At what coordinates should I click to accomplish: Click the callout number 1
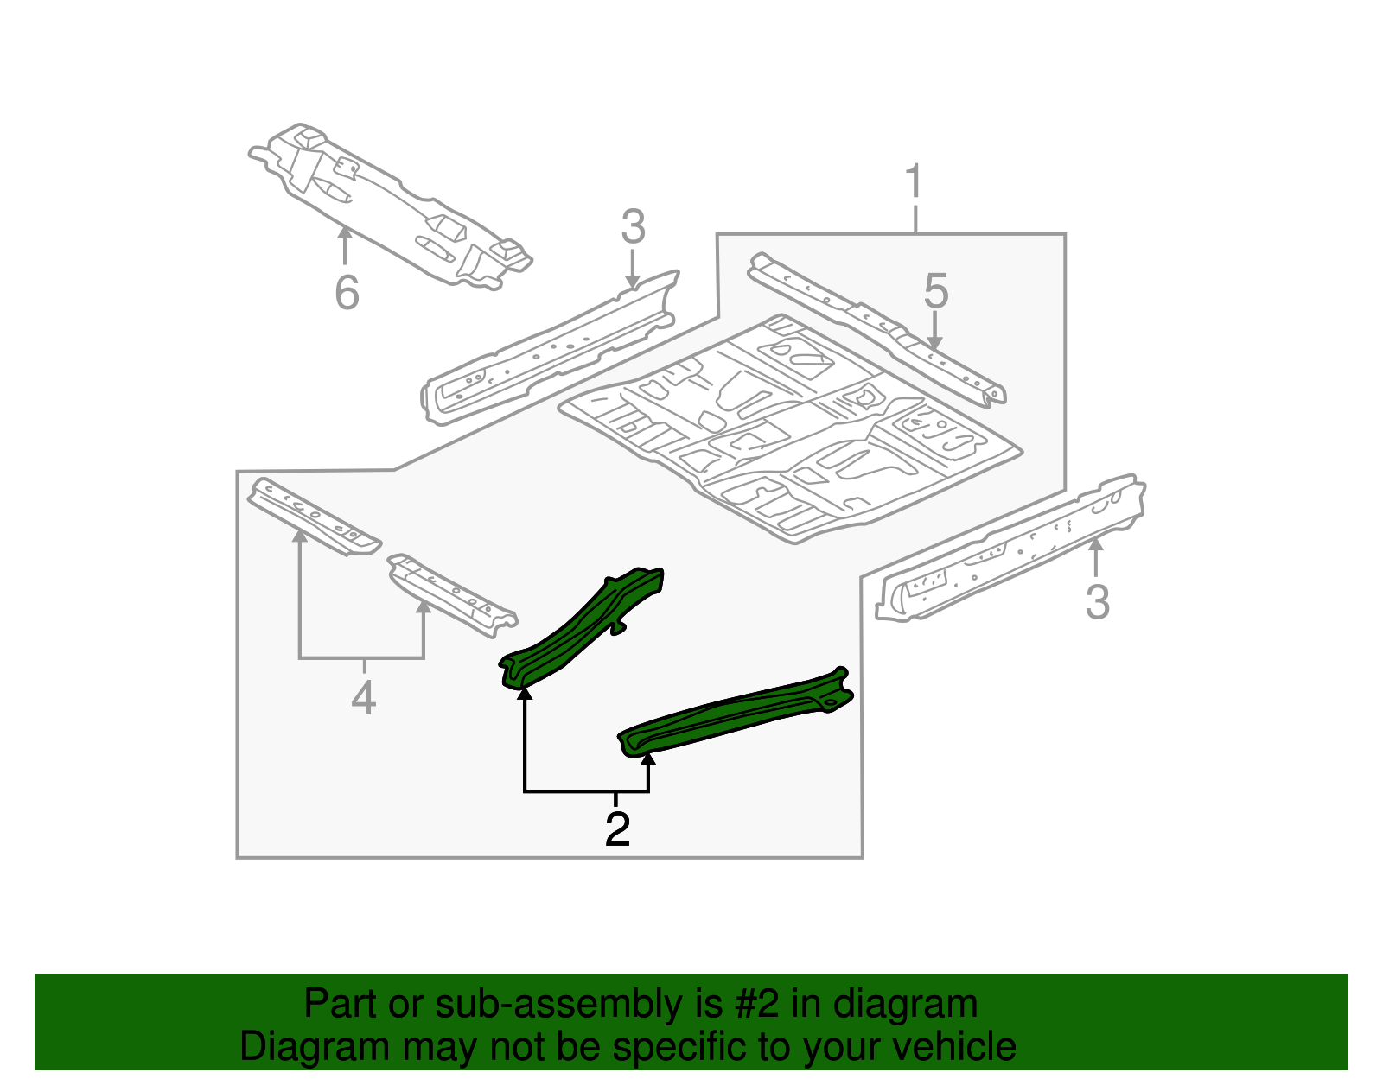point(914,184)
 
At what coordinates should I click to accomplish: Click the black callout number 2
point(617,829)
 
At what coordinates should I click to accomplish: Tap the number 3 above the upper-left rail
point(633,227)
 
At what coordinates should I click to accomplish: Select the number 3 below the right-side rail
point(1097,602)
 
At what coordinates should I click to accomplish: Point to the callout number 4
point(364,698)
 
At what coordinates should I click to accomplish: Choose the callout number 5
point(936,291)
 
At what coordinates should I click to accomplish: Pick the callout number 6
point(347,293)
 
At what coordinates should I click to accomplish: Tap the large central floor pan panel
point(791,428)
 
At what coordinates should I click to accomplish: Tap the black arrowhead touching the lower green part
point(648,758)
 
